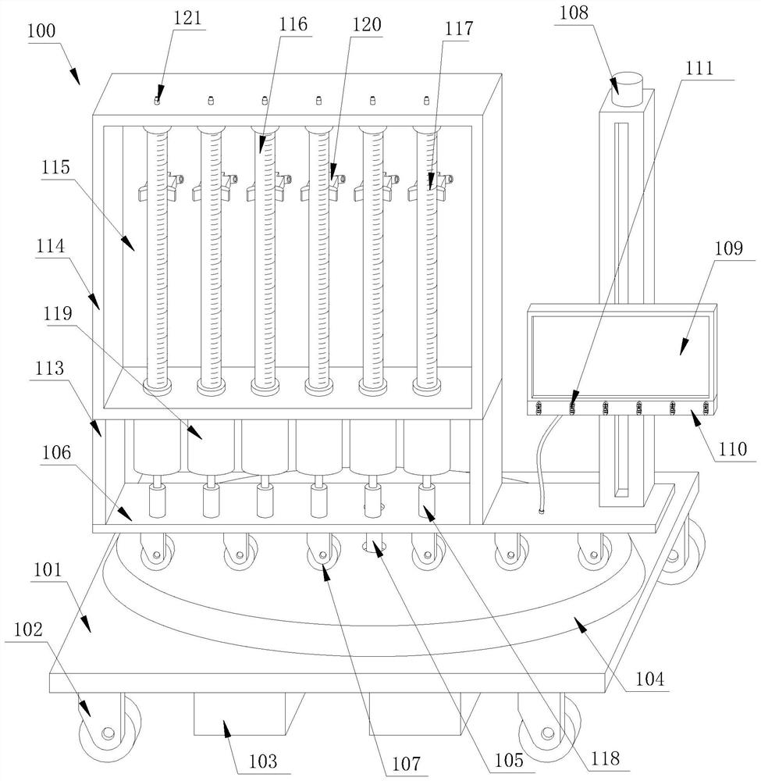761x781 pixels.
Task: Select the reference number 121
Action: coord(187,20)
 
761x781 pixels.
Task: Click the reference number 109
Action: coord(727,249)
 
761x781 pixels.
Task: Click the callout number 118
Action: coord(604,758)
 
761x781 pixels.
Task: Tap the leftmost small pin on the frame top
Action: coord(156,101)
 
